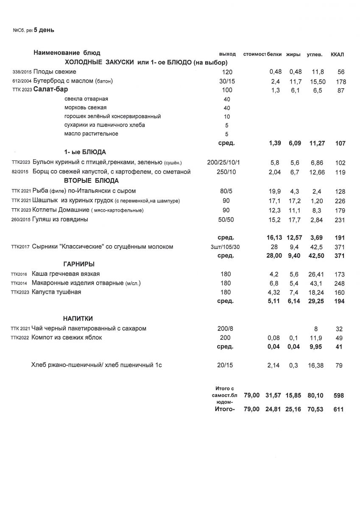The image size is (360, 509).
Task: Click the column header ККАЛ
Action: click(x=337, y=54)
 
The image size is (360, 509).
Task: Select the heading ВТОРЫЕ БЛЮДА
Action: click(x=91, y=181)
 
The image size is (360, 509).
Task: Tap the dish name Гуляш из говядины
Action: click(x=60, y=220)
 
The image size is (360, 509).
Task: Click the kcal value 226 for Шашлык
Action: click(x=338, y=201)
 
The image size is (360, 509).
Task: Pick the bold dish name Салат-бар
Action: click(x=50, y=90)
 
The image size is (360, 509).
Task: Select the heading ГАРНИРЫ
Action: click(x=78, y=264)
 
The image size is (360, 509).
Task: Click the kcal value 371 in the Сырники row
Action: click(x=338, y=247)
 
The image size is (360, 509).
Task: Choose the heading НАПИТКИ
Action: click(x=78, y=319)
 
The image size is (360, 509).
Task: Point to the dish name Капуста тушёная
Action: click(x=56, y=292)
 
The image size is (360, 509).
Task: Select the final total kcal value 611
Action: click(x=338, y=410)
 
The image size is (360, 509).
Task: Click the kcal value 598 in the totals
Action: click(x=338, y=395)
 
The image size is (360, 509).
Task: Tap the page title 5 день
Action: click(x=44, y=30)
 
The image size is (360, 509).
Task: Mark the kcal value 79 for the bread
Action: click(x=338, y=365)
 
